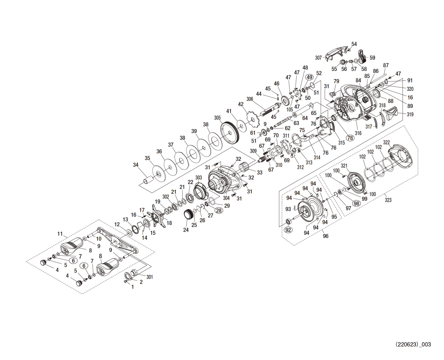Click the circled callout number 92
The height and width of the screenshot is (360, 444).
coord(288,230)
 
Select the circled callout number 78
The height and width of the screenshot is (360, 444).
coord(350,138)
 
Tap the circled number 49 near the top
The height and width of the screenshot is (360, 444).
coord(310,77)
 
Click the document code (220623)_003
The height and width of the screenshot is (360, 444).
coord(413,344)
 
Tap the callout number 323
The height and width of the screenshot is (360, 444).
coord(388,200)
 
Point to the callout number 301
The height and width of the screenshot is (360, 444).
coord(149,277)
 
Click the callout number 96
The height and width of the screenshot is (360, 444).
coord(325,236)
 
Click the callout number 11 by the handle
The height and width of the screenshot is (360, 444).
coord(60,234)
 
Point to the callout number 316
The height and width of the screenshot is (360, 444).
coord(358,133)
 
